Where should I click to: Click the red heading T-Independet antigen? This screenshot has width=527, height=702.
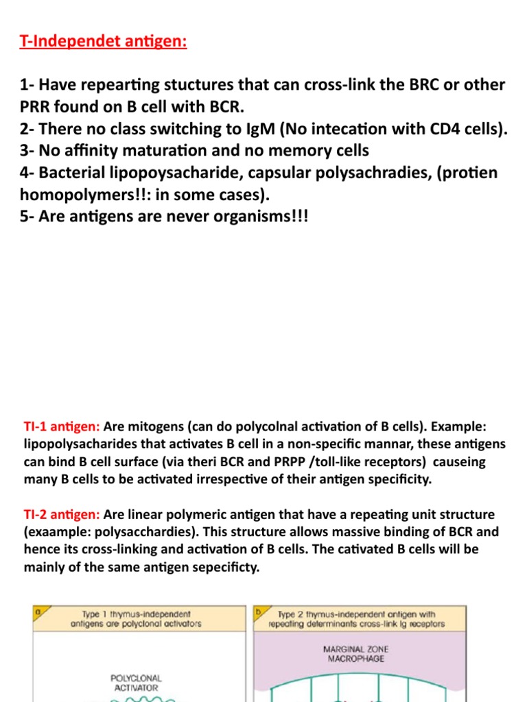pos(103,42)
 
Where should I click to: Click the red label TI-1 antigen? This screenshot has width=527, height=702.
pos(61,426)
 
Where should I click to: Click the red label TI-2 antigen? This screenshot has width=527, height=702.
pos(61,514)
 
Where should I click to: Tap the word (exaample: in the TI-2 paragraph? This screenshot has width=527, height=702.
pos(57,532)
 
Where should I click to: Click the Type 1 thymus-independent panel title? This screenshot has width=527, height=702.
pos(135,618)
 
